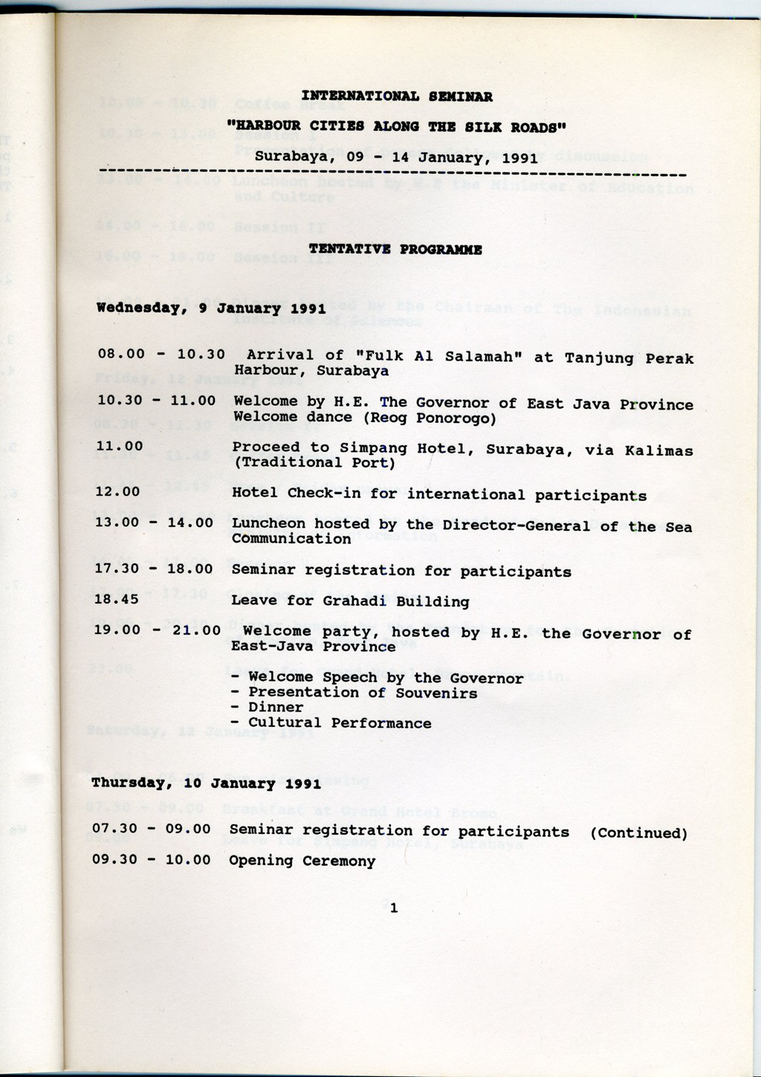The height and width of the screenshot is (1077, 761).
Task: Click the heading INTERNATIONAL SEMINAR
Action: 396,97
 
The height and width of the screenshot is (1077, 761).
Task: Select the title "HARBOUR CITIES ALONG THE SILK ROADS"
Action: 396,127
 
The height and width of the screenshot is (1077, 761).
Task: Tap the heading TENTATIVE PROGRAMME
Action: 395,250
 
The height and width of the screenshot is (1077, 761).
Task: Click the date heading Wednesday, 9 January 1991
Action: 210,308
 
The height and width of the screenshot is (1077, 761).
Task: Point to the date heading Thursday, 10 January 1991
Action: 206,783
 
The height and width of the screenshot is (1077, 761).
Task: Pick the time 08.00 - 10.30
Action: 161,355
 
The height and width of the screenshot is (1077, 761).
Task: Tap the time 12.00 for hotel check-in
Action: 117,492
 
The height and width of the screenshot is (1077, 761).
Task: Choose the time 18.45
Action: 116,600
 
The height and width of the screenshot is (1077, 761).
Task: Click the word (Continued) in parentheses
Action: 638,833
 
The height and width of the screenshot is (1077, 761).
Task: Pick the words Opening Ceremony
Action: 302,861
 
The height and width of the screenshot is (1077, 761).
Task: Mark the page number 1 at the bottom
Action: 394,908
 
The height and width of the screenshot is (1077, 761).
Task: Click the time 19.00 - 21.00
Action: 157,631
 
